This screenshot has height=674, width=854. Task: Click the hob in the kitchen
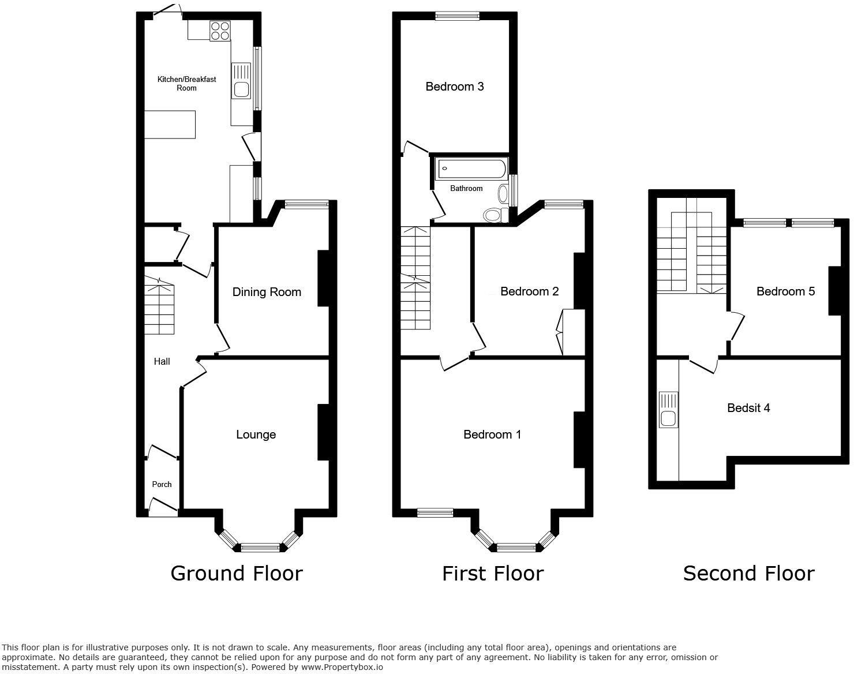(x=220, y=31)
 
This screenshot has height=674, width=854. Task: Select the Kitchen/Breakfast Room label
(x=186, y=84)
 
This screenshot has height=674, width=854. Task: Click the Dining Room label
(x=267, y=292)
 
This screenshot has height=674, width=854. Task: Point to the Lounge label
(x=256, y=435)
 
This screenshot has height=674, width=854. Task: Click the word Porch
(x=162, y=484)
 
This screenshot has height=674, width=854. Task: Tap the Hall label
(x=162, y=361)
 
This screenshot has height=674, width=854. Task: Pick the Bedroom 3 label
(x=455, y=87)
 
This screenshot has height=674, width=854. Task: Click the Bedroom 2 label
(x=529, y=291)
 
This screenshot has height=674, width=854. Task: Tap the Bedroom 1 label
(x=492, y=435)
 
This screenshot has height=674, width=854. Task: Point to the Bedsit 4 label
(x=748, y=408)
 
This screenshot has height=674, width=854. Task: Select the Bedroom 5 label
(x=785, y=291)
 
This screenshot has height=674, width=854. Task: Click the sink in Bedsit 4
(x=669, y=411)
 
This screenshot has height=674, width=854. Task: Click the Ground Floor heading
(x=237, y=573)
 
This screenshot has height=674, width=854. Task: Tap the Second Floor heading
(x=748, y=573)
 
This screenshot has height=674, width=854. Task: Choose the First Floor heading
(x=493, y=573)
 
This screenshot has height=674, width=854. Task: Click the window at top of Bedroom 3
(x=457, y=16)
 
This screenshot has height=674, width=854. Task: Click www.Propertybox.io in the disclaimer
(x=341, y=667)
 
